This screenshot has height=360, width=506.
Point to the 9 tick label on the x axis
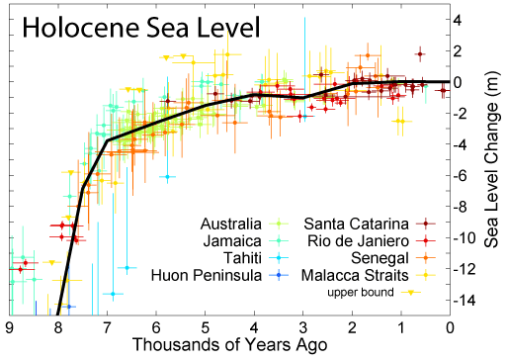pyautogui.click(x=10, y=326)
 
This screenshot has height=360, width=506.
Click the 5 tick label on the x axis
pyautogui.click(x=206, y=326)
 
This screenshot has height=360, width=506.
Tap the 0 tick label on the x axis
pyautogui.click(x=451, y=326)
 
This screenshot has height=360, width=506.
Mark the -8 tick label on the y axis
pyautogui.click(x=468, y=207)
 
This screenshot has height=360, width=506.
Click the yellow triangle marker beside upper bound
pyautogui.click(x=421, y=293)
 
